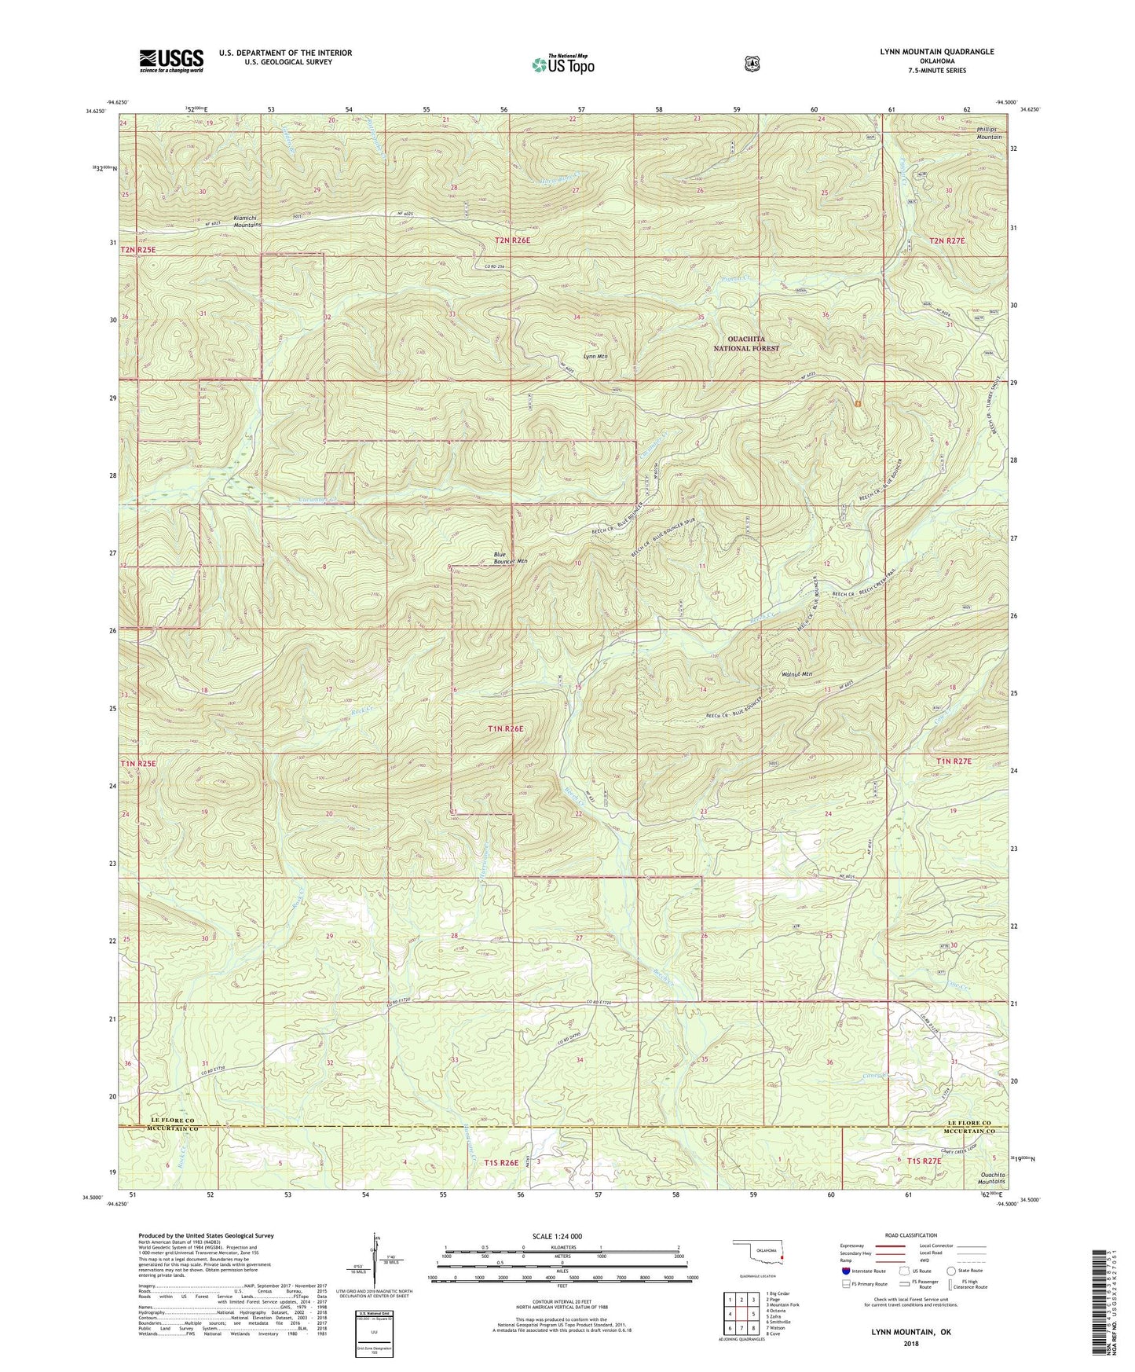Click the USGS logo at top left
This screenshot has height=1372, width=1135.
tap(171, 61)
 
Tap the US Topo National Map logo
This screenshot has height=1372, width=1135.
tap(562, 64)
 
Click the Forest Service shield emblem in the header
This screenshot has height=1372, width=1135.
tap(752, 63)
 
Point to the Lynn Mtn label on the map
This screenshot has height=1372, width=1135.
tap(595, 356)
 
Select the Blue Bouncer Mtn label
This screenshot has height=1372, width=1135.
tap(510, 558)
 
